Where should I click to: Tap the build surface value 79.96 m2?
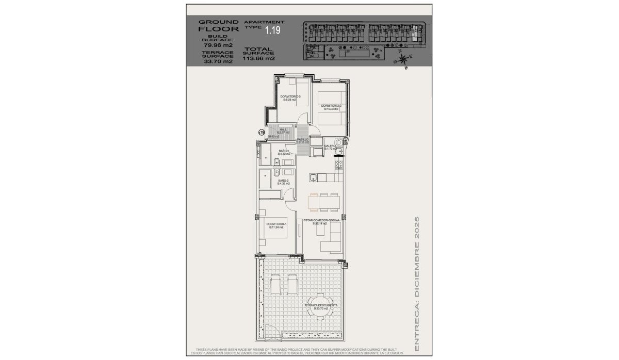(218, 45)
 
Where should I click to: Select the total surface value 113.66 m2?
(258, 58)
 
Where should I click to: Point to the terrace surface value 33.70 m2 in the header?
(218, 61)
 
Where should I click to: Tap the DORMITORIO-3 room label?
(287, 98)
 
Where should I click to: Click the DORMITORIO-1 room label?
(276, 225)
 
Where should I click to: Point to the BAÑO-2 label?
(283, 182)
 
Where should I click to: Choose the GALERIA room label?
(330, 147)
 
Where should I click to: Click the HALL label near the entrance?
(283, 131)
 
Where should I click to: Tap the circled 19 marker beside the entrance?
(262, 133)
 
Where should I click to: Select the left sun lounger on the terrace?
(275, 284)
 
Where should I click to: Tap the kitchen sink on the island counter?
(313, 178)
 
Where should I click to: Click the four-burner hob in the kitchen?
(339, 165)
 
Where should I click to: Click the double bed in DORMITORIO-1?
(273, 237)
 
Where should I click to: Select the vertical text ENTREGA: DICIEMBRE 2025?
(417, 284)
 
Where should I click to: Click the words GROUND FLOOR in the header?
(218, 25)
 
